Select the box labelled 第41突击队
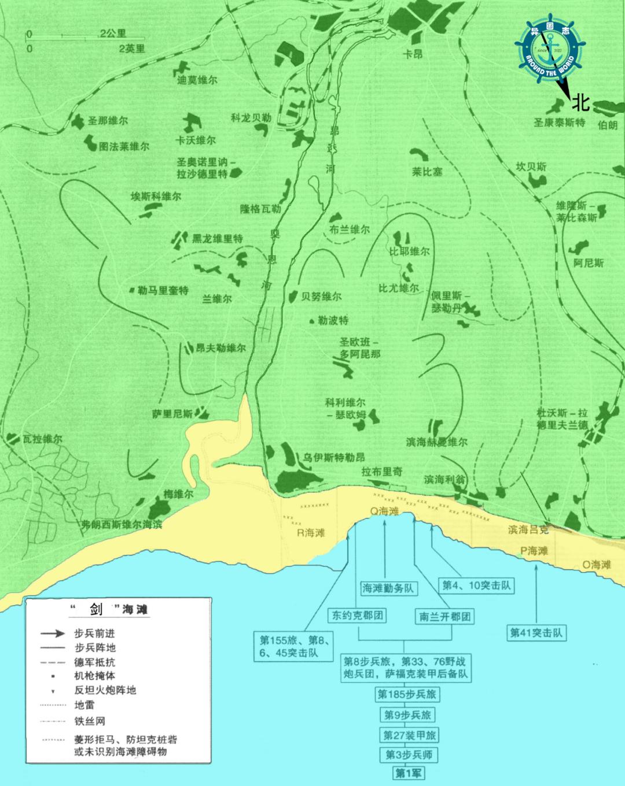536,632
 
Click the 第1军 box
408,773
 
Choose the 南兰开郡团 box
444,616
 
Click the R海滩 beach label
311,533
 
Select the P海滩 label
534,551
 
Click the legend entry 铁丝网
90,721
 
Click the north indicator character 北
580,103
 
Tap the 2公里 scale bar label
112,34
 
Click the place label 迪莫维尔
197,81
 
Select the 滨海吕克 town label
528,529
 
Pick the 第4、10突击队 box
477,585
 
